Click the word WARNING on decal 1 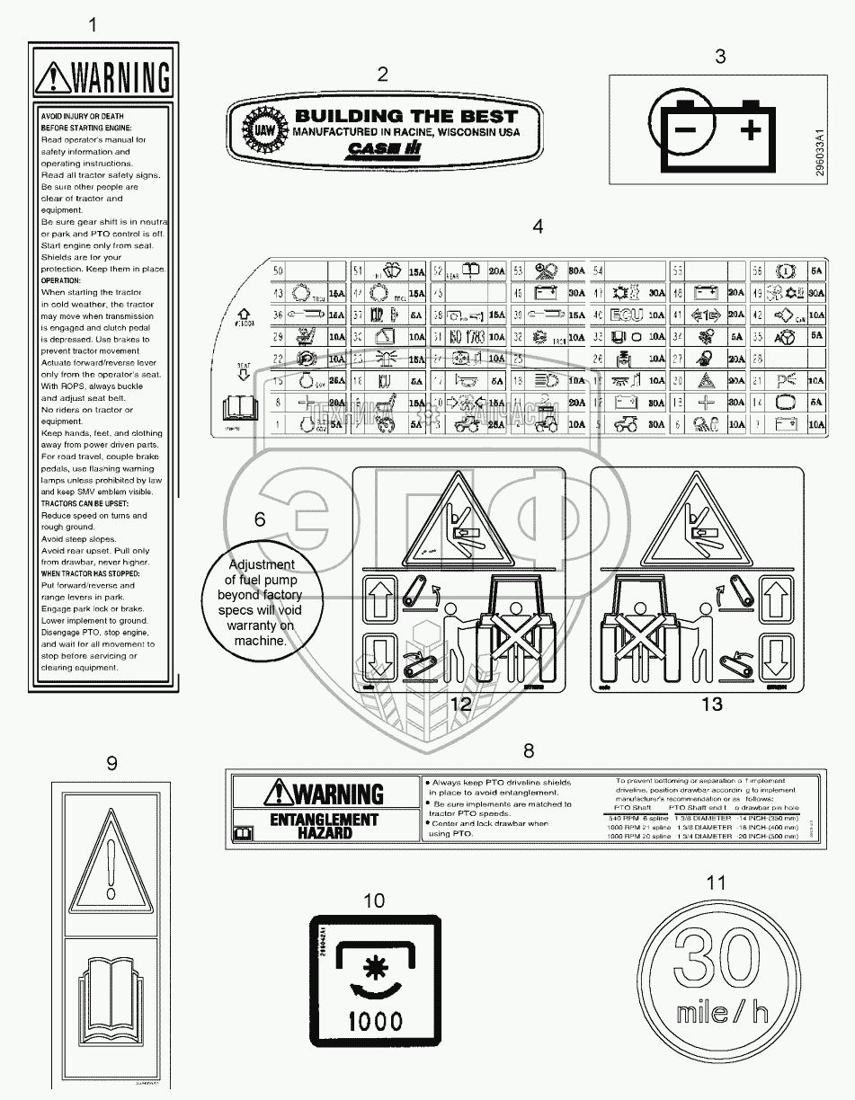point(119,77)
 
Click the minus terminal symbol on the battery point(685,130)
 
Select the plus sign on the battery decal point(749,131)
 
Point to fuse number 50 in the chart point(278,271)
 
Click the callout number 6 point(260,519)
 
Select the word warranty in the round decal point(259,625)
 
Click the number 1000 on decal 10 point(375,1021)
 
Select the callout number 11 point(715,883)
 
